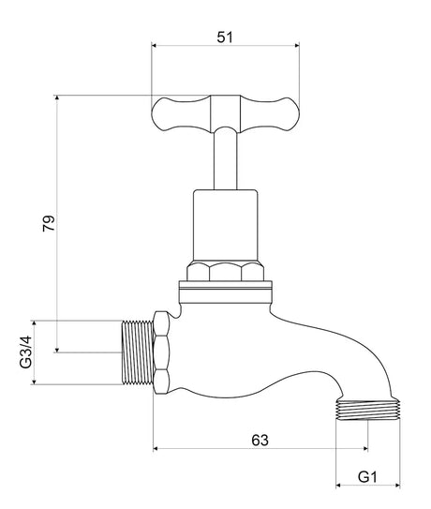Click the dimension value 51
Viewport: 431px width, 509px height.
(x=225, y=37)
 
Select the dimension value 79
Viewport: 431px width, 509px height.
(x=50, y=223)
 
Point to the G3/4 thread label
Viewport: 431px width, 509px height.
(x=25, y=351)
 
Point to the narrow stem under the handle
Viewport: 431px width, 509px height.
(x=225, y=159)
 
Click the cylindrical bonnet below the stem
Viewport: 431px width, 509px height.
(x=225, y=225)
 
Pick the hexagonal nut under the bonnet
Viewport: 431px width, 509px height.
(x=225, y=272)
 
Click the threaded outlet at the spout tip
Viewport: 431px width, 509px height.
(x=367, y=411)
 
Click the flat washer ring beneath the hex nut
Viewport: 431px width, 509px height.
(x=225, y=290)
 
